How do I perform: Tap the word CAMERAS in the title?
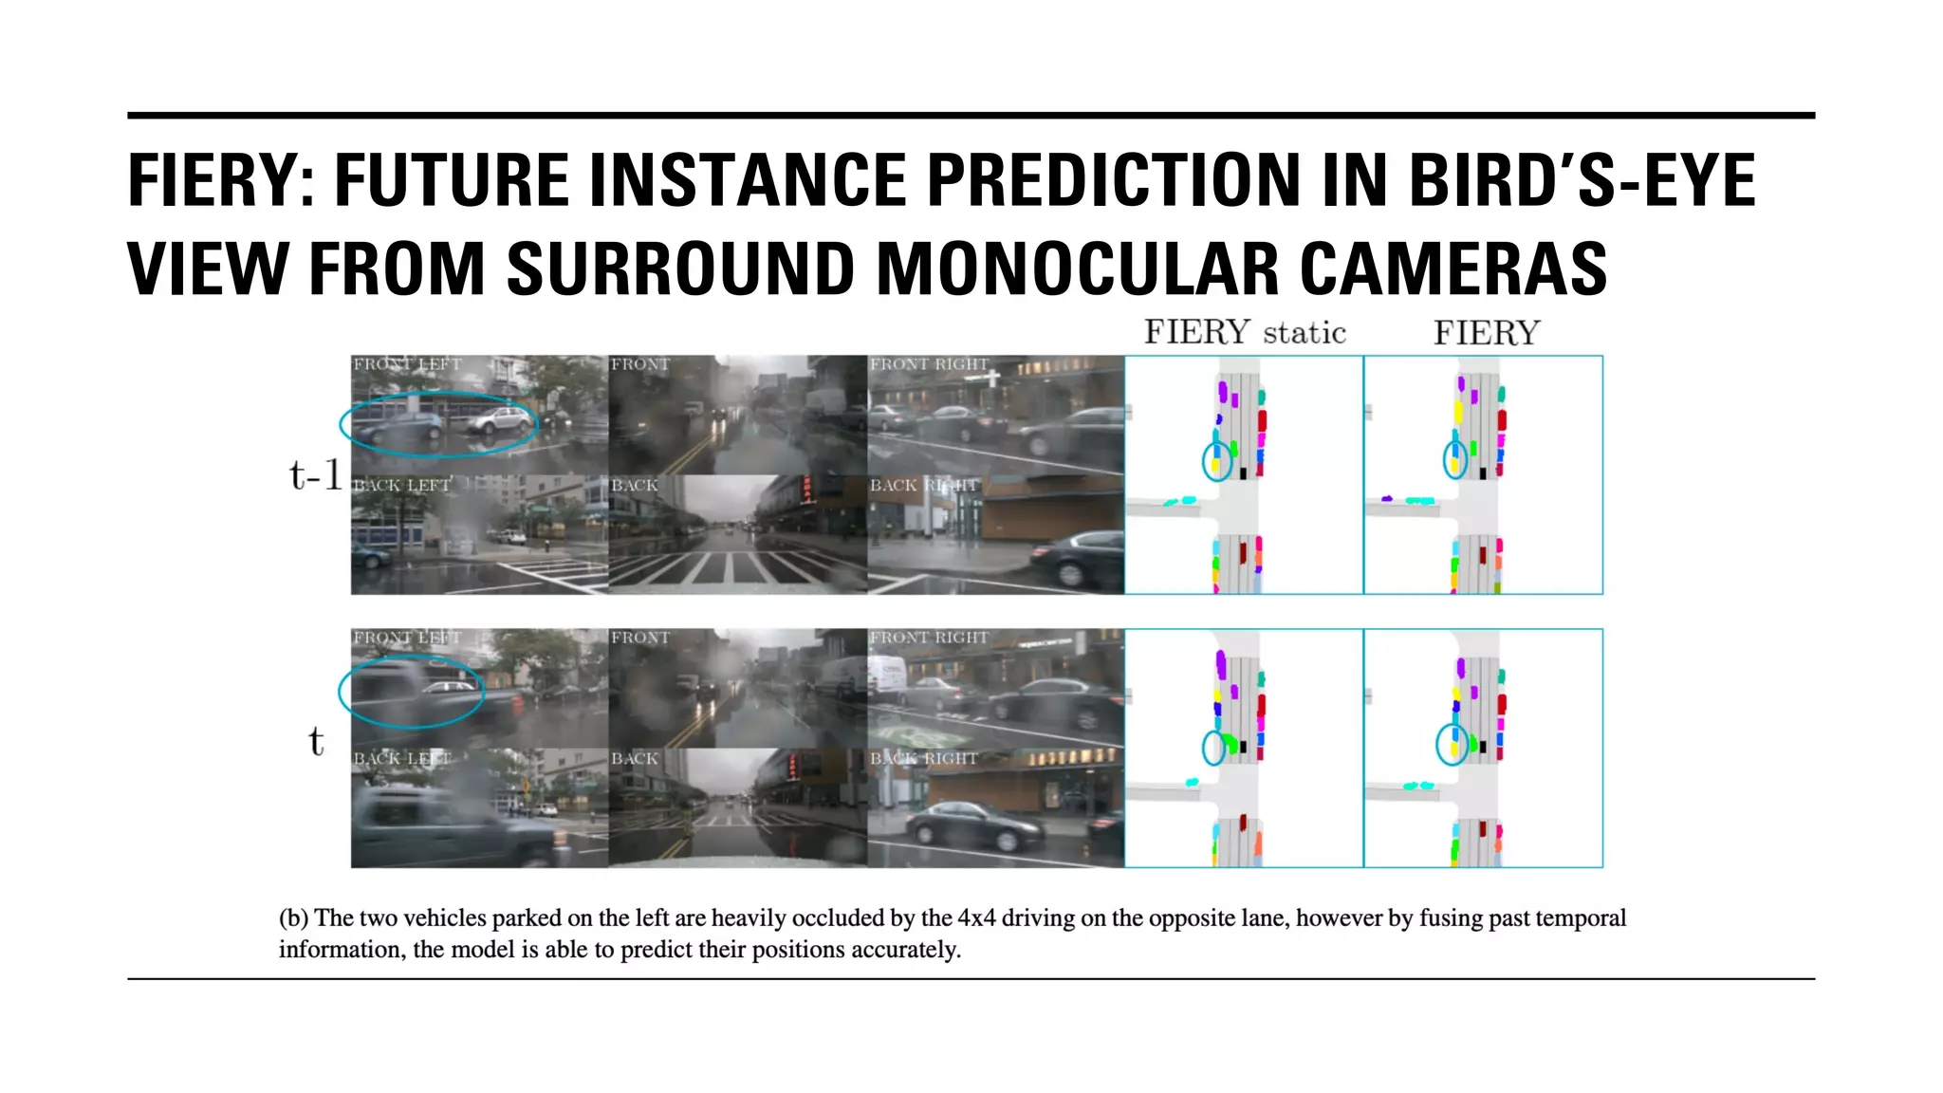1453,269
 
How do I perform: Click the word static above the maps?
1305,333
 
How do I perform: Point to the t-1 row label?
315,474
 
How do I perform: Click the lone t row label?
316,741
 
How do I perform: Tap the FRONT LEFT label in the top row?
406,364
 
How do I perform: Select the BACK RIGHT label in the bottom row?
923,758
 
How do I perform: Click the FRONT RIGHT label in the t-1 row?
929,364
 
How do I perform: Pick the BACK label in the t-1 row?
634,485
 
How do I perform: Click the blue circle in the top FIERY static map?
1216,461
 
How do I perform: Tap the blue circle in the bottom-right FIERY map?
1452,744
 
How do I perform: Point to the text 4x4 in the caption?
976,917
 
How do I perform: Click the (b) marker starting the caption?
293,917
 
